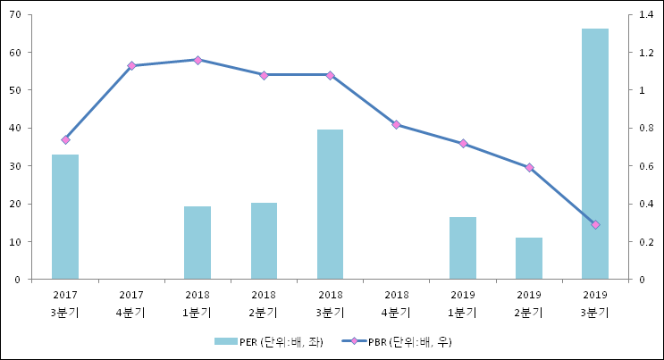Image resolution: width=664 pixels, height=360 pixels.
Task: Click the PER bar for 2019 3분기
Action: point(595,154)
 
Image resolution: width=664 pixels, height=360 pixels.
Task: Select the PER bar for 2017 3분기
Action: point(65,217)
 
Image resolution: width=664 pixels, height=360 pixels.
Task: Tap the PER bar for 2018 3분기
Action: point(330,205)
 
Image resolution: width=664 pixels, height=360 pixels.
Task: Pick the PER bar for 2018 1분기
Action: point(198,243)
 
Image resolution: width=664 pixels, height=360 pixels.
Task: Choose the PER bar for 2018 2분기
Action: point(264,241)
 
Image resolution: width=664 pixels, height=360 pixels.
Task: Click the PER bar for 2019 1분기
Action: point(463,248)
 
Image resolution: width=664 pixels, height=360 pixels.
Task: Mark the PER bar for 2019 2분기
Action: point(529,258)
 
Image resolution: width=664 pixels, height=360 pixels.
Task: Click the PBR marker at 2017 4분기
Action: point(131,65)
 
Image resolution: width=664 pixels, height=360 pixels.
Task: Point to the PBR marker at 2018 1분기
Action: point(198,60)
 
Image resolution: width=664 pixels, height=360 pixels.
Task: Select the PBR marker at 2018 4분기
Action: point(397,125)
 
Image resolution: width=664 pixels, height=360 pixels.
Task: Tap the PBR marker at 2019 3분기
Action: point(595,224)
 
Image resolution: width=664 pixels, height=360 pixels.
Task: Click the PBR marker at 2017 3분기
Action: point(65,139)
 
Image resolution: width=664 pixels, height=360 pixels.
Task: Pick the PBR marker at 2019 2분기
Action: point(529,167)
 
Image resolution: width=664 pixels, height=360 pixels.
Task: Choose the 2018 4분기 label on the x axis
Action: point(397,303)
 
